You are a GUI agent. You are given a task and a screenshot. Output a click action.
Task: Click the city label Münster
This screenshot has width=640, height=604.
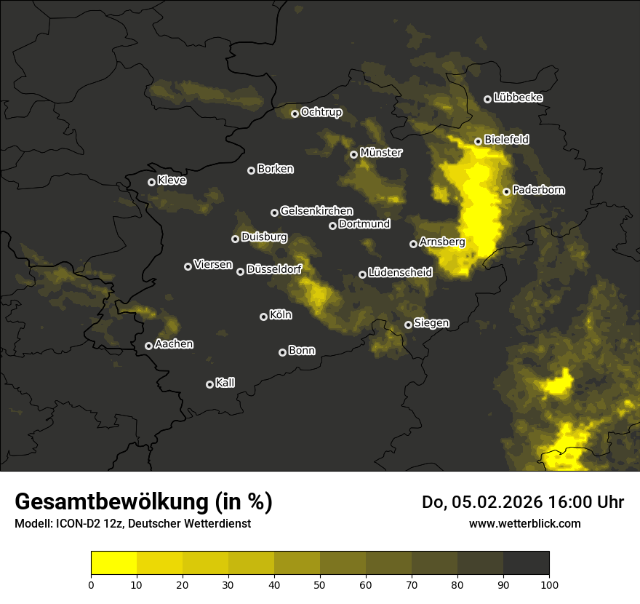380,153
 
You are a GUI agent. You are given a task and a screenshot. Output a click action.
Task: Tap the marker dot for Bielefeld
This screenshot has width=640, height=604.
478,141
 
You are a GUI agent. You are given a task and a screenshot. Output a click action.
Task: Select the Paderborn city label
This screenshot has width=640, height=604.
538,190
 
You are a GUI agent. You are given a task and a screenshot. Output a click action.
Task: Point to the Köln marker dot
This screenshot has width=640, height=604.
263,317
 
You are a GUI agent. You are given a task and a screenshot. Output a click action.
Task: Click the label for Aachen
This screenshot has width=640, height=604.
174,344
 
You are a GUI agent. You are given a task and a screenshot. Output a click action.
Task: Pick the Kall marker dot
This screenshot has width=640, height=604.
209,384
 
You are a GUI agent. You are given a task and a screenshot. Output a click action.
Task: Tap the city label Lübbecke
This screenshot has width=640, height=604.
518,98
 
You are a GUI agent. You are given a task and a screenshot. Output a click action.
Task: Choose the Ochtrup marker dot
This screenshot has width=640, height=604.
295,114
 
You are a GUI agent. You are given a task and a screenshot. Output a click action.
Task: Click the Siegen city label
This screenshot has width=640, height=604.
431,323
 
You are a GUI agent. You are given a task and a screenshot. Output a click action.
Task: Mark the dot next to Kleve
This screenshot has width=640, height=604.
151,182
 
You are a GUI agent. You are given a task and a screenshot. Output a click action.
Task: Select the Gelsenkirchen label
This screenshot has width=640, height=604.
316,211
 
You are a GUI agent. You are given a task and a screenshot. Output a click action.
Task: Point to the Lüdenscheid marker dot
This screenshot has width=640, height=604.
362,274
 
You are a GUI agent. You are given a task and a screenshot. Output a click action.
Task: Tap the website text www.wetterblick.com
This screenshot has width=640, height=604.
525,523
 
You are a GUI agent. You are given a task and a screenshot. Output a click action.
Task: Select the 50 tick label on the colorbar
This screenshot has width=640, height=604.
320,584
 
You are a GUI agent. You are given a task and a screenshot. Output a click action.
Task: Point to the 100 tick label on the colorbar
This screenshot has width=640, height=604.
549,584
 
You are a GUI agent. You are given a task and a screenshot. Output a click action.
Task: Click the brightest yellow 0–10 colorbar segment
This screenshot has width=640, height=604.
114,563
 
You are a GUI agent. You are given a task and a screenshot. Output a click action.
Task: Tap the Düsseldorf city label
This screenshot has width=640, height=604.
274,269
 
